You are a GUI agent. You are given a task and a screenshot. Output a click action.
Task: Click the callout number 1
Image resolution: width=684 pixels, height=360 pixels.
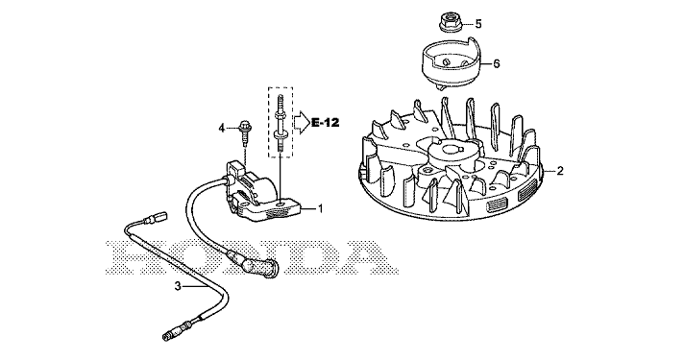point(321,209)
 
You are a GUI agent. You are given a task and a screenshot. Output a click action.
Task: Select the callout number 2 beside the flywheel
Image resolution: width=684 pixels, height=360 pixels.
point(560,171)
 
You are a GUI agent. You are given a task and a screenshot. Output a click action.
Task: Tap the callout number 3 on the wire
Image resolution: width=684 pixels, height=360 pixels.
point(178,286)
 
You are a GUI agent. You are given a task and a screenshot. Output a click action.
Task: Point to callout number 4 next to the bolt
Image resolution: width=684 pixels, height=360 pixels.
point(222,128)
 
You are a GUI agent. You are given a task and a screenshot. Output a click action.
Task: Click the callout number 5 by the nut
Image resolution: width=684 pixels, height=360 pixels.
point(478,24)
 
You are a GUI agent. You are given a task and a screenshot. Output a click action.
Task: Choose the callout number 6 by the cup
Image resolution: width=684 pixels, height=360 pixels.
point(497,64)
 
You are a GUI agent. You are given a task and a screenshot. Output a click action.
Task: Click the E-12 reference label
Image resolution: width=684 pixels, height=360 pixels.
point(325,123)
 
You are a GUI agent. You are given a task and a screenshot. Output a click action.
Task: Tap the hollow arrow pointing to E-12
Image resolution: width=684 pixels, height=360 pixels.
point(302,123)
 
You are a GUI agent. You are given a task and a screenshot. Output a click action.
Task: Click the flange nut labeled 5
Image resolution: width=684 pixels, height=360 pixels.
point(448,23)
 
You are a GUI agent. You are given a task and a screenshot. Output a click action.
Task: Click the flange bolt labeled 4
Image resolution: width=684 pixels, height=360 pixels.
point(243,132)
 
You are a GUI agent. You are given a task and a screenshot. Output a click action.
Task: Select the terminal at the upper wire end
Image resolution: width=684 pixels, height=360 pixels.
point(156,217)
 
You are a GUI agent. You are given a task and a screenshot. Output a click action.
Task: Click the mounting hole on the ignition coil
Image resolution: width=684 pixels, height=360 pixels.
point(281,203)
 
